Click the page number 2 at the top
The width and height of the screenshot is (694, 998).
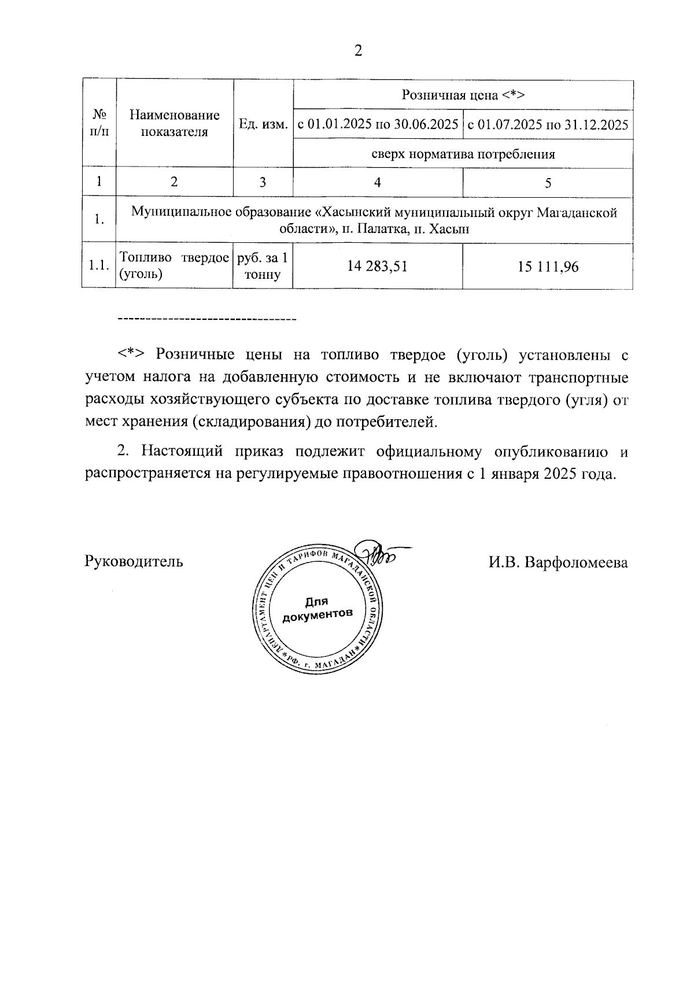pos(358,51)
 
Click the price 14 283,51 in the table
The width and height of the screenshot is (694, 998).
pos(377,266)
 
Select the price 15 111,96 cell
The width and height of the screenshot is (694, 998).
pos(548,267)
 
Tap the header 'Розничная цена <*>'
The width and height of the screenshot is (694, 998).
pos(463,95)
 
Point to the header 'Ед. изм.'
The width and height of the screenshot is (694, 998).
pos(263,125)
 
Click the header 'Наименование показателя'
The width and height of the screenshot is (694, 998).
pos(174,123)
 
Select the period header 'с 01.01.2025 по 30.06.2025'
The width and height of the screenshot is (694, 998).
pos(378,125)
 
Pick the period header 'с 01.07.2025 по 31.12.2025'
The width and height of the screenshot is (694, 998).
pos(548,125)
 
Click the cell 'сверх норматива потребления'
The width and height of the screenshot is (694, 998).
pos(463,154)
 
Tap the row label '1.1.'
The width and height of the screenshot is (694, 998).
pos(99,266)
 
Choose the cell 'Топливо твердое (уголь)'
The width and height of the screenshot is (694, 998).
pos(173,266)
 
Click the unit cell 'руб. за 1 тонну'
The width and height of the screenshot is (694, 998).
pos(263,266)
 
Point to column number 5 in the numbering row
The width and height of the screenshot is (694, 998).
pos(548,183)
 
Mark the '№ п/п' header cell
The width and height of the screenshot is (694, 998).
pos(99,123)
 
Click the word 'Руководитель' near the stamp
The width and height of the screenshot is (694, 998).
pos(134,561)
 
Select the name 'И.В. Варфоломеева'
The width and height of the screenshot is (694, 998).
pos(558,561)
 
